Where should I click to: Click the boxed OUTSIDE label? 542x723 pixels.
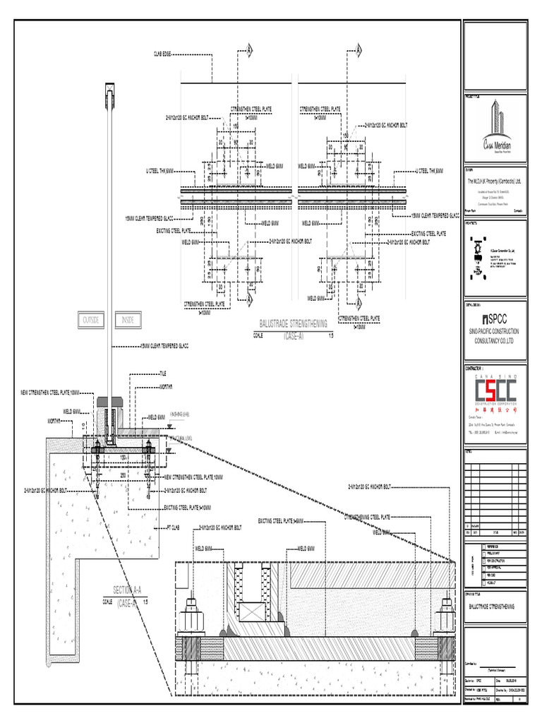point(91,321)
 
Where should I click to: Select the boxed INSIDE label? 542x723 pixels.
point(128,321)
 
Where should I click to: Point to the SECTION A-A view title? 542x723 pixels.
point(127,590)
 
